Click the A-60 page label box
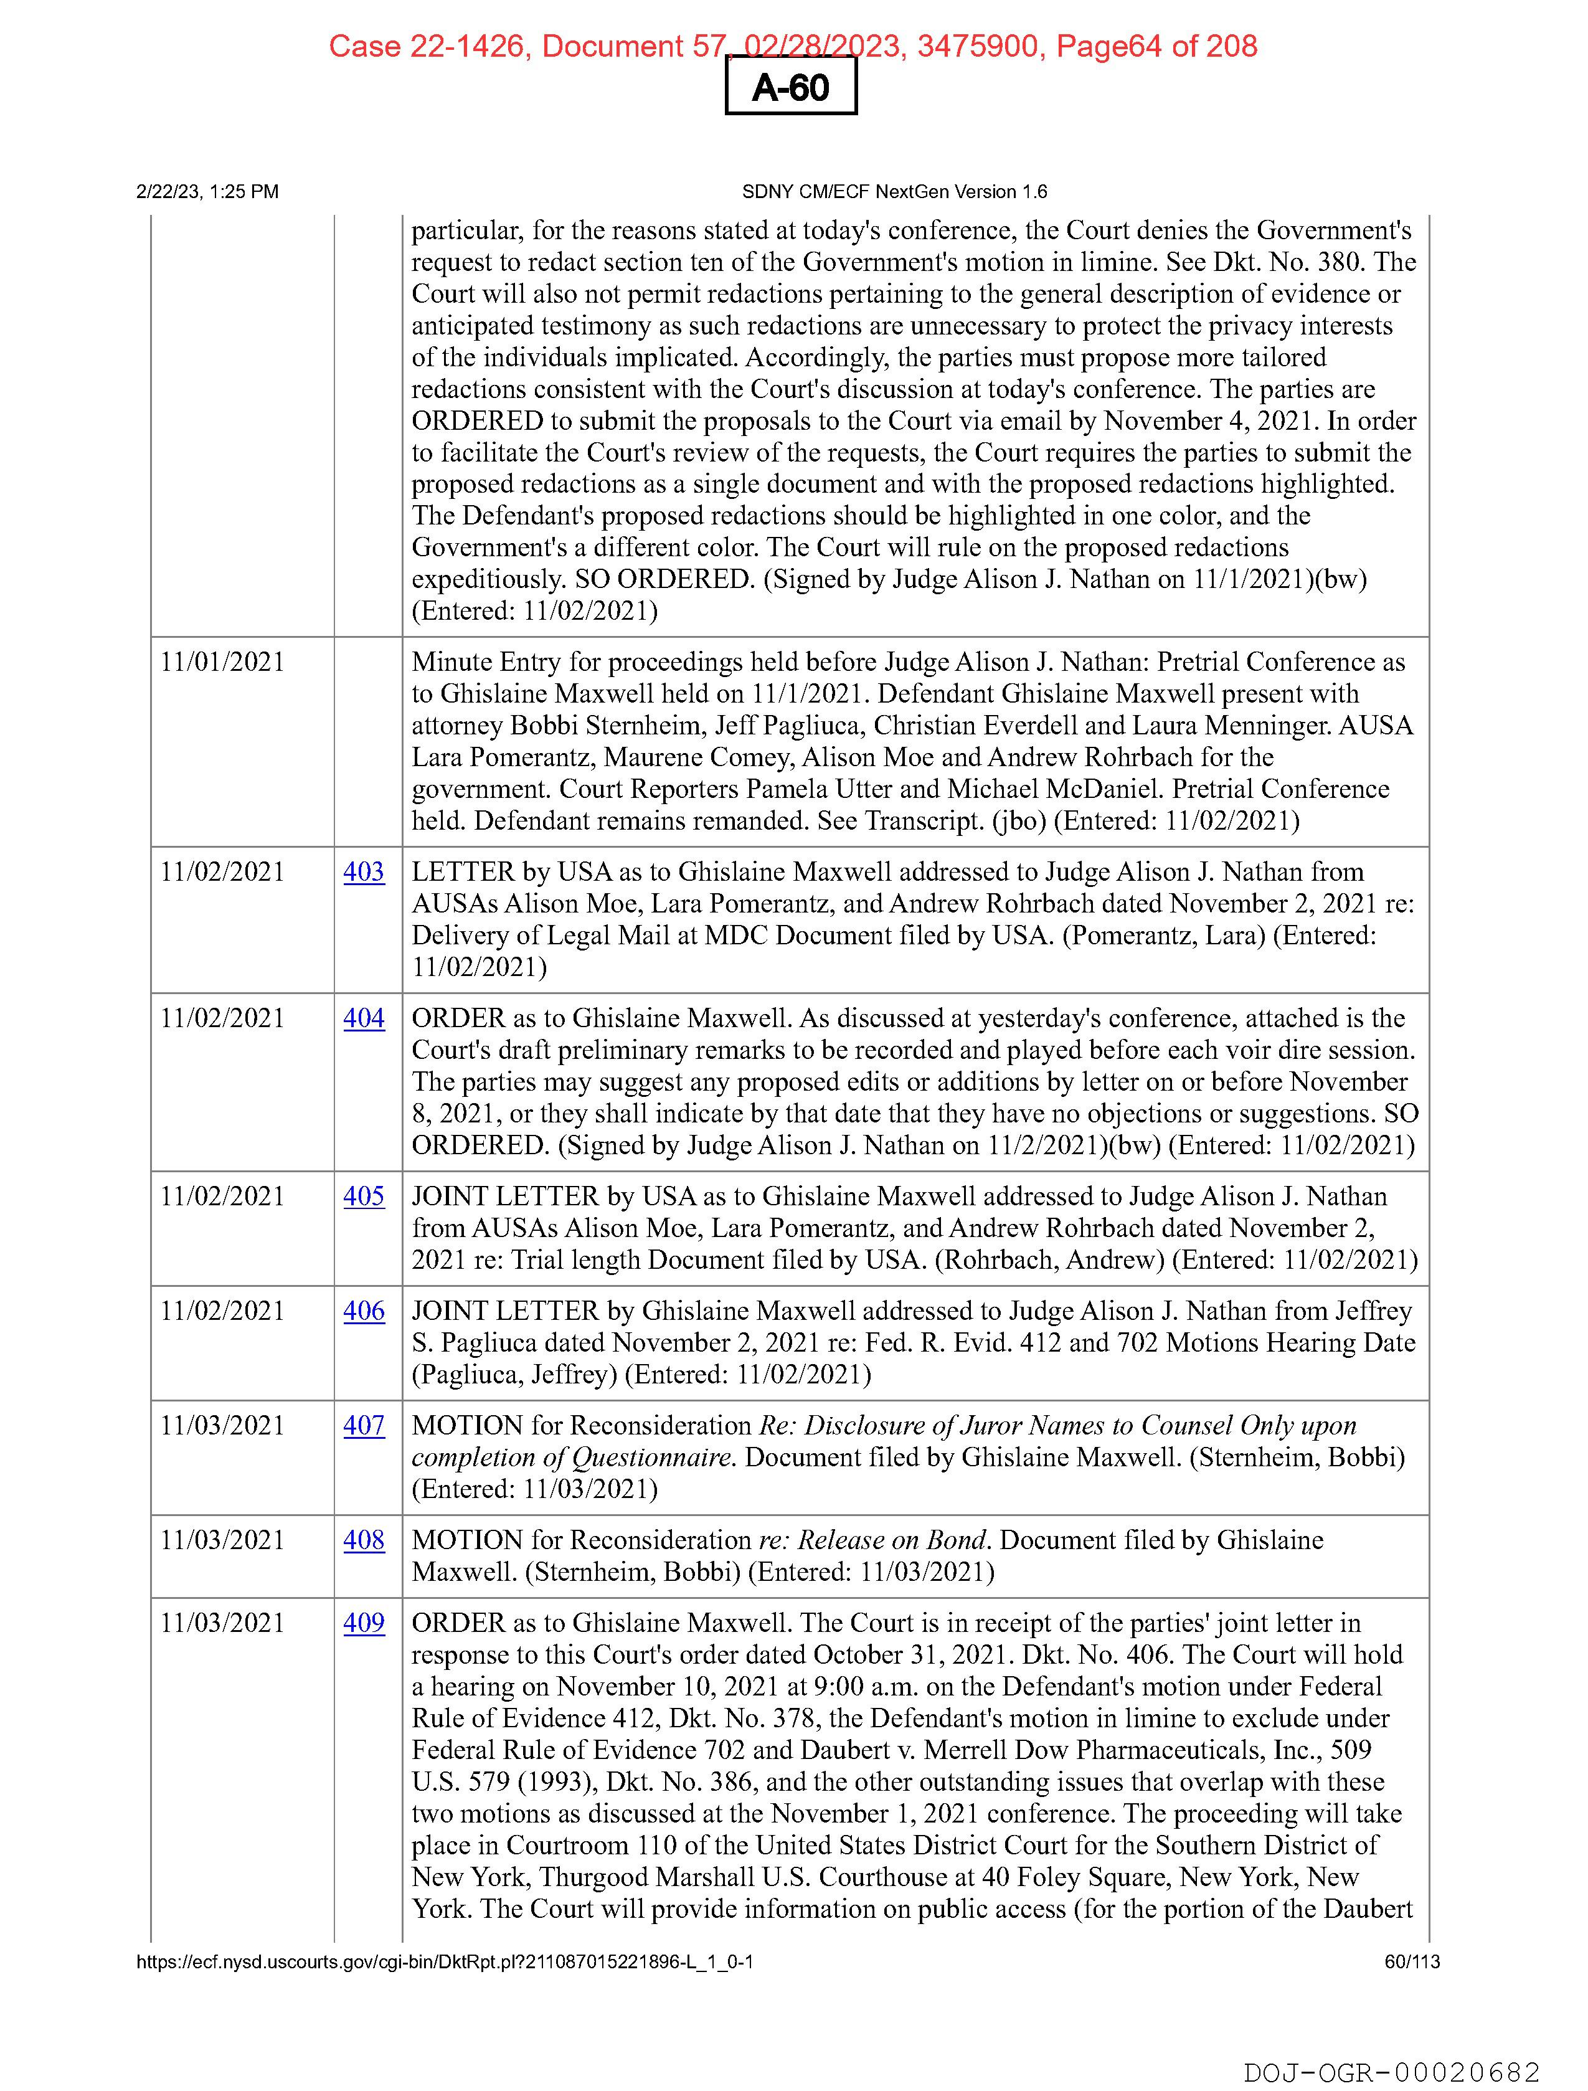[790, 87]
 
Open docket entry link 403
[364, 871]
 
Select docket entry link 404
[364, 1018]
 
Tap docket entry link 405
[364, 1196]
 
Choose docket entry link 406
[364, 1311]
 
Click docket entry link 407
[364, 1426]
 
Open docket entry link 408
[364, 1540]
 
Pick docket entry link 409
[364, 1623]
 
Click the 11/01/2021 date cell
[222, 661]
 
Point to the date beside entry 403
[222, 871]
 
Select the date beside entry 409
[222, 1623]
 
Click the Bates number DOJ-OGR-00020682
[1391, 2072]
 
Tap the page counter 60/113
[1412, 1961]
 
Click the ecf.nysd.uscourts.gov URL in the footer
[444, 1961]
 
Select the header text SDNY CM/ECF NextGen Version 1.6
[894, 192]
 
